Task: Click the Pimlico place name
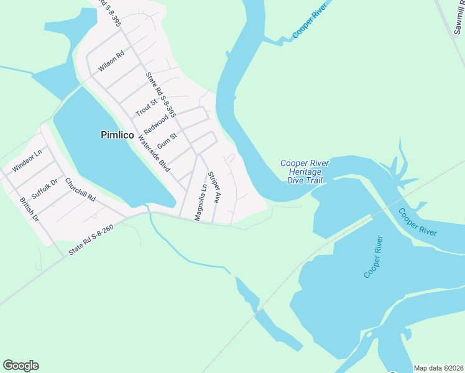click(x=117, y=134)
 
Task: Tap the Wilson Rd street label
click(x=112, y=61)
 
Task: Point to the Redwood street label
click(x=156, y=122)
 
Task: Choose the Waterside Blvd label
click(x=155, y=154)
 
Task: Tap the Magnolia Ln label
click(x=200, y=202)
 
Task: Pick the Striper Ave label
click(x=214, y=187)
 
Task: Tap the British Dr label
click(x=29, y=210)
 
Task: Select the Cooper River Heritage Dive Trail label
click(x=304, y=172)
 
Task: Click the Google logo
click(x=21, y=366)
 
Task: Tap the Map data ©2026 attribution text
click(x=438, y=368)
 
